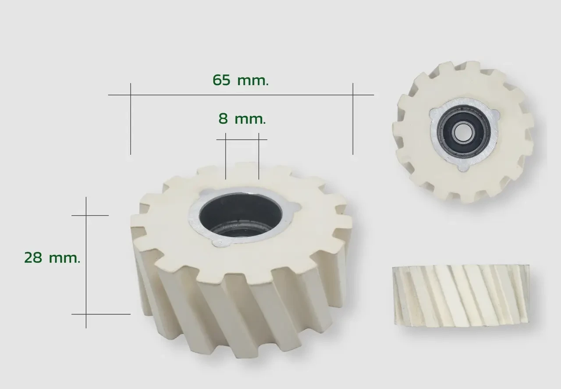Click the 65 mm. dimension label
(241, 80)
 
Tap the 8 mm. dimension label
(242, 119)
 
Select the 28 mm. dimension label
(52, 258)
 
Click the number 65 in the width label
(221, 80)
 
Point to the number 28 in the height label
(33, 258)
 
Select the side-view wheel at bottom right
(461, 295)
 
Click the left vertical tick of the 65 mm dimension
(131, 119)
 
